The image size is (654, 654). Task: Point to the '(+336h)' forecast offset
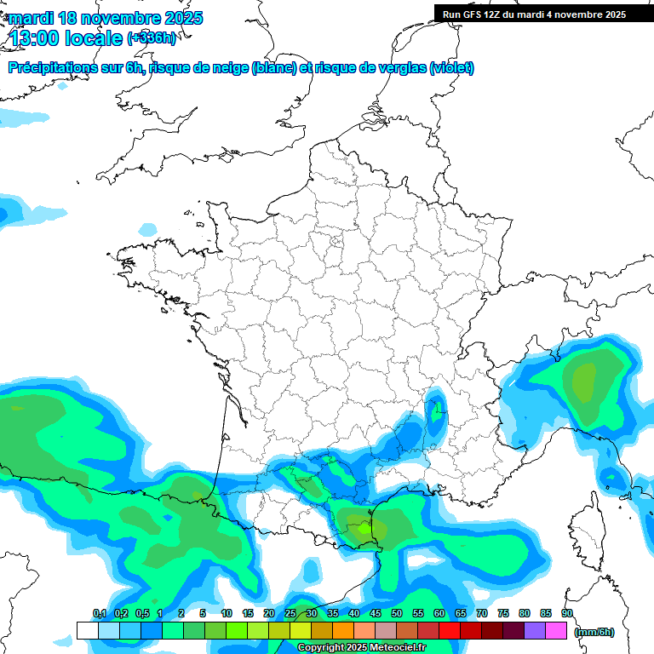(152, 37)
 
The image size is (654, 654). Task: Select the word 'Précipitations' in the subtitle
(51, 68)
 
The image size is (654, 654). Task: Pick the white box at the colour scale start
(87, 630)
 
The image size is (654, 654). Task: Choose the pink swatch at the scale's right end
(556, 630)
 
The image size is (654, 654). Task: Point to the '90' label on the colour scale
(566, 614)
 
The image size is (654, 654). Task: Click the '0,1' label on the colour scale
(99, 614)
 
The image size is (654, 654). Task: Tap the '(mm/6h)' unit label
(594, 632)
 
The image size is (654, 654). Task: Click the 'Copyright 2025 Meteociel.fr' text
(361, 648)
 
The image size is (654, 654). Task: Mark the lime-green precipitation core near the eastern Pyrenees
(364, 528)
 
